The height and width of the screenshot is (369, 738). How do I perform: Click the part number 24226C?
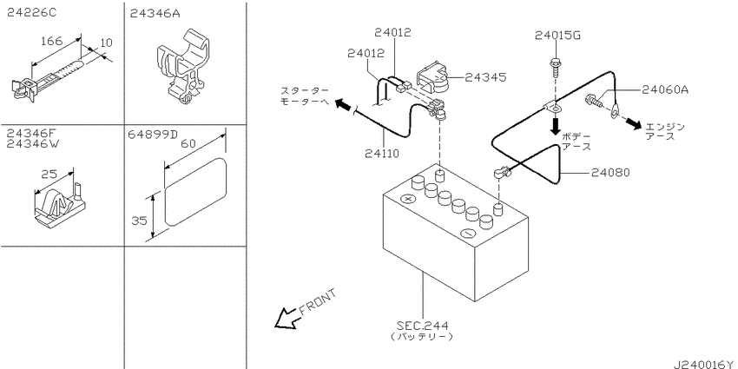click(x=31, y=13)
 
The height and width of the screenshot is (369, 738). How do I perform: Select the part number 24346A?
click(x=155, y=13)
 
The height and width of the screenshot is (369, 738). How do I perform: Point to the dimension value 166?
click(x=51, y=42)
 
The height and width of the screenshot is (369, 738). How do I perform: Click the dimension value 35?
click(x=139, y=220)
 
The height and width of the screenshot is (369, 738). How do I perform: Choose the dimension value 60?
click(x=188, y=144)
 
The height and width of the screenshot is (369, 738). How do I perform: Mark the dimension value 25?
click(x=49, y=175)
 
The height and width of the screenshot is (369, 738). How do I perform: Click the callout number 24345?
click(x=485, y=77)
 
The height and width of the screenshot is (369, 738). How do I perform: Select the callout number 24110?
click(x=381, y=153)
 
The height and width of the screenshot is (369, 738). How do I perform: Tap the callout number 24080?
click(x=611, y=173)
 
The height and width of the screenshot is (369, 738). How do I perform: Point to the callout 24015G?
click(x=557, y=36)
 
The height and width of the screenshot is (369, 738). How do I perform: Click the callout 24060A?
click(x=664, y=89)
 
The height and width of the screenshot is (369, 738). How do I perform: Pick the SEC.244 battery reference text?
click(x=422, y=326)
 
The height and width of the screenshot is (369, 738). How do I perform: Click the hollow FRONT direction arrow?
click(x=286, y=318)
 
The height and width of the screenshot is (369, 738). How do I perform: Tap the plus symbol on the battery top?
click(x=408, y=199)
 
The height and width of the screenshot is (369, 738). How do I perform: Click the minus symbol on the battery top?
click(x=467, y=233)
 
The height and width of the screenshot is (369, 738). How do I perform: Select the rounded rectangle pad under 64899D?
click(x=195, y=193)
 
